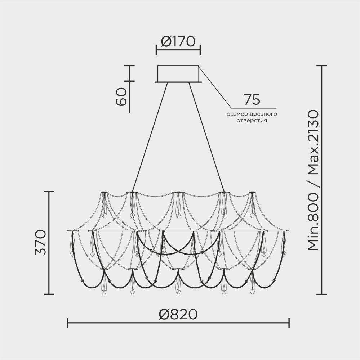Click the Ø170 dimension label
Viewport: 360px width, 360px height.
point(178,41)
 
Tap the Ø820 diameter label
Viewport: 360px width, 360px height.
point(178,314)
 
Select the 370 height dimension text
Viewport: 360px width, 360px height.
point(41,242)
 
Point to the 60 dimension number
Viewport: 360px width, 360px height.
point(121,96)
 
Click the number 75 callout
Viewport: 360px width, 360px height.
point(252,100)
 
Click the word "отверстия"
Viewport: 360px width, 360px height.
point(252,121)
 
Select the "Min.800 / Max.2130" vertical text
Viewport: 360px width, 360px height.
point(313,180)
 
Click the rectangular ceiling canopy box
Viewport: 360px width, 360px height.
point(178,74)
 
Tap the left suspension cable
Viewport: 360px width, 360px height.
point(150,137)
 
